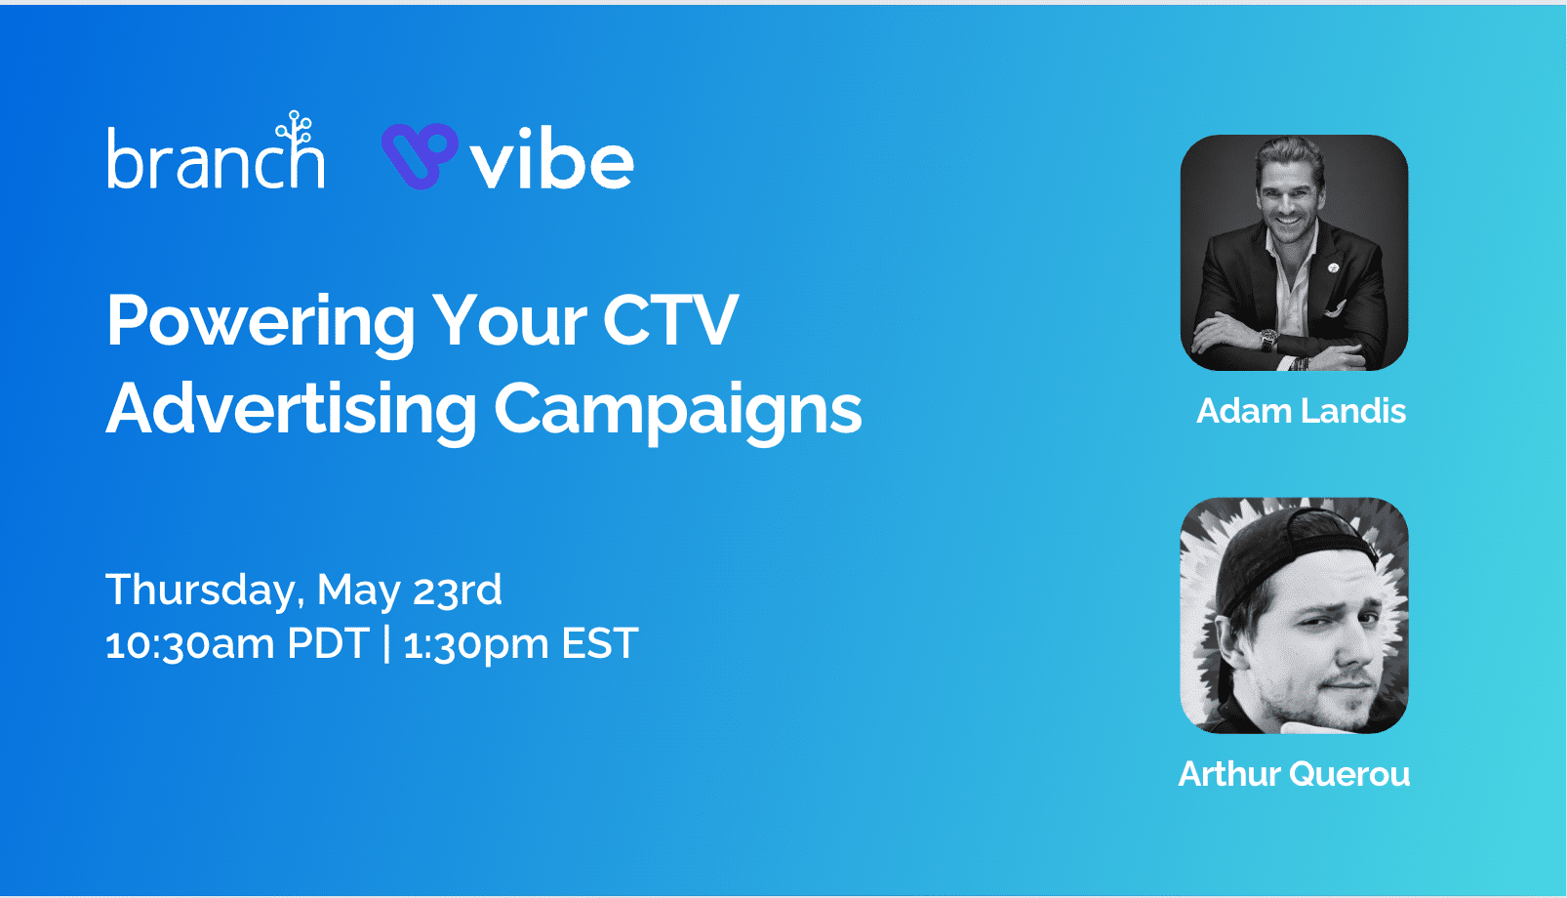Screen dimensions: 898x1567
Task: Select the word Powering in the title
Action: (261, 322)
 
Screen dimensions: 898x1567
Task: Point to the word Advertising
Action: (292, 410)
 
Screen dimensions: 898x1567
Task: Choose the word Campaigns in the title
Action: (677, 410)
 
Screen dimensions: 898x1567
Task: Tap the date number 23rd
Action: (457, 591)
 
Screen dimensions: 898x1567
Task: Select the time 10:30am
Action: (188, 644)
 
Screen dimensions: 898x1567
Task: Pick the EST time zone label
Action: (600, 644)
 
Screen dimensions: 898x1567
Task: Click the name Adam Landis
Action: (1301, 411)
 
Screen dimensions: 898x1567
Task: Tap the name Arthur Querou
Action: (1294, 774)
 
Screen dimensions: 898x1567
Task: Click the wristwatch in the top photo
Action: (1268, 341)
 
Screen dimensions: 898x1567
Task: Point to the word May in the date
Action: (358, 591)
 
